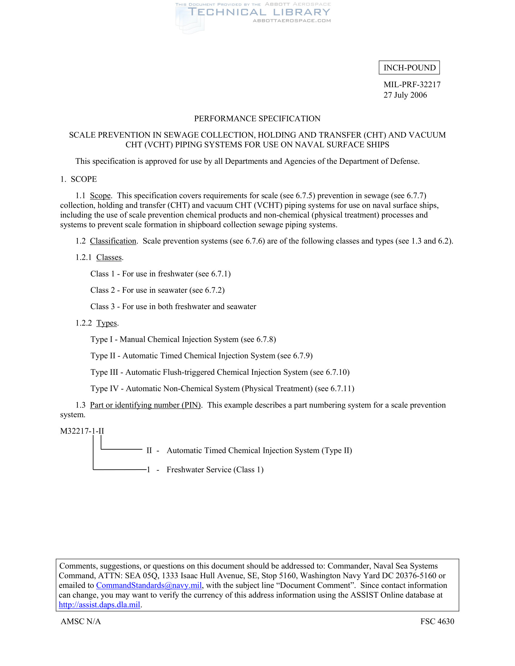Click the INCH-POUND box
[x=409, y=68]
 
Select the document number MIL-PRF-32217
[x=412, y=84]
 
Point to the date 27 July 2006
[x=405, y=95]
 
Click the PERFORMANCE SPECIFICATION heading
[x=257, y=119]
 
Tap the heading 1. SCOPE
[x=78, y=179]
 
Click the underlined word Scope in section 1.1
[x=100, y=196]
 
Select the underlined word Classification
[x=113, y=241]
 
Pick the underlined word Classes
[x=109, y=257]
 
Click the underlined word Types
[x=107, y=323]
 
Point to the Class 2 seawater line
[x=158, y=290]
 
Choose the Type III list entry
[x=220, y=372]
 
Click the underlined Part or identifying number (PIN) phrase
[x=145, y=405]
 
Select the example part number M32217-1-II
[x=82, y=431]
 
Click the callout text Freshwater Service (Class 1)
[x=215, y=470]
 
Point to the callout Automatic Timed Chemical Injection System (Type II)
[x=259, y=450]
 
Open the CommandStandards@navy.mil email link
[x=149, y=585]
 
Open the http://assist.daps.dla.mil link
[x=99, y=605]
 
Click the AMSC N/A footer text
[x=81, y=621]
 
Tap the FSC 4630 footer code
[x=437, y=621]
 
